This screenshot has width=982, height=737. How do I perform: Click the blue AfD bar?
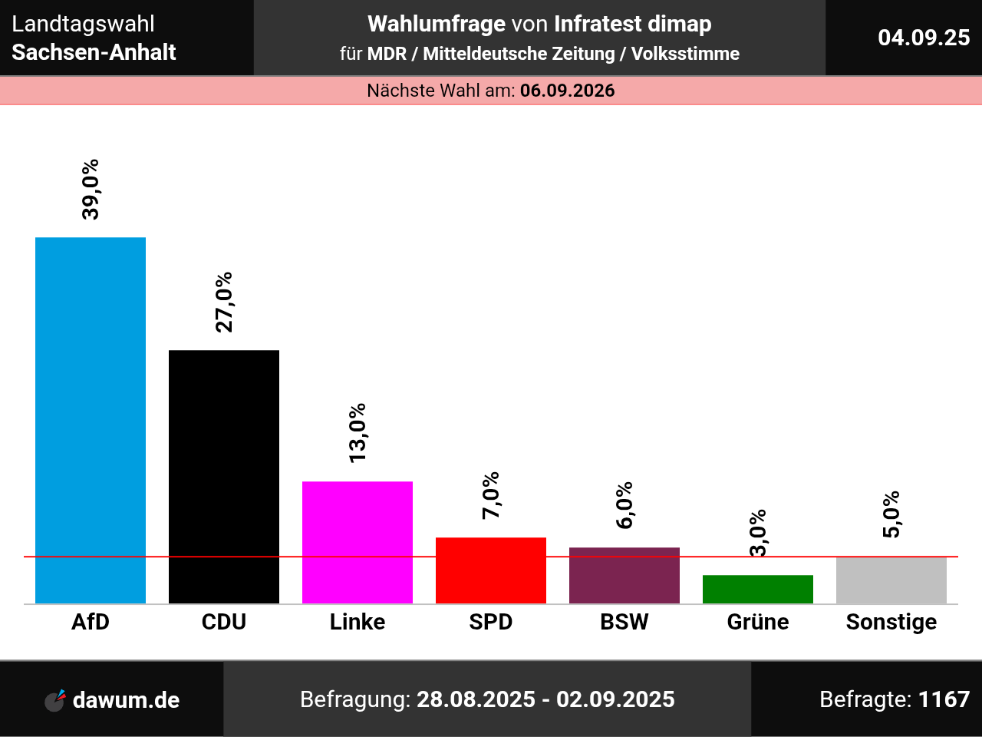91,420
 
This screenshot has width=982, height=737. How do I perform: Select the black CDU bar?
224,476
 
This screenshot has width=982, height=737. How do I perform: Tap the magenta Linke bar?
358,542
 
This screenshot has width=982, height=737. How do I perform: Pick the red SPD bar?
491,570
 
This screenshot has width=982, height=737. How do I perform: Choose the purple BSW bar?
624,575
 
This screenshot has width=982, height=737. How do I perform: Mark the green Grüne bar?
758,589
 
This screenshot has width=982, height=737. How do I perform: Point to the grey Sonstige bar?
891,580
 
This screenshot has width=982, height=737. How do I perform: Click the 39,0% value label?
91,190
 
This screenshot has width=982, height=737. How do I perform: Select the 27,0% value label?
224,302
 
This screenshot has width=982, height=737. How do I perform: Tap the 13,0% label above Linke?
358,433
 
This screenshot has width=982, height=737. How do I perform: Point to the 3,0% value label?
758,532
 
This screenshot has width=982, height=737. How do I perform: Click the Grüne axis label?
758,622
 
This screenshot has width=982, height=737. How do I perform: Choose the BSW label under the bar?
624,622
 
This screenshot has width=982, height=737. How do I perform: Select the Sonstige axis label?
891,622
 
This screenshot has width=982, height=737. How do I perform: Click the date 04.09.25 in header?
924,38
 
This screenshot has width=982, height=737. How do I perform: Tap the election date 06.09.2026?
568,91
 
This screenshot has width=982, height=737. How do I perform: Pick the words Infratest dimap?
633,24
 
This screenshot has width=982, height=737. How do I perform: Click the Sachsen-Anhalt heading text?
94,52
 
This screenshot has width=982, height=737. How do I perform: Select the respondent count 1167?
944,699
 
